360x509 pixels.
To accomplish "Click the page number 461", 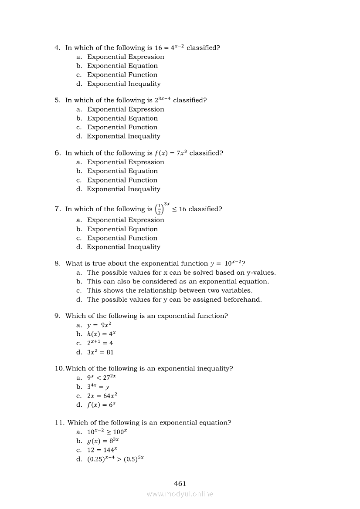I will click(180, 483).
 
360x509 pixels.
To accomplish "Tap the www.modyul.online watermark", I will click(180, 494).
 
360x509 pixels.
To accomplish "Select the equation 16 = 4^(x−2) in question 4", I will click(169, 47).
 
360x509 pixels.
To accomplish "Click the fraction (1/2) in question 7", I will click(160, 209).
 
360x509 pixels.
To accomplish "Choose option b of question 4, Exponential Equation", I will click(122, 66).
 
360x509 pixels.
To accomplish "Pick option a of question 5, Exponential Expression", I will click(126, 109).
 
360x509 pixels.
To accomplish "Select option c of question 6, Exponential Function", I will click(122, 180).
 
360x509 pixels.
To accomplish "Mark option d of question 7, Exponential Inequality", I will click(123, 247).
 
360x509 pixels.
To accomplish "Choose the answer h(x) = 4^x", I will click(101, 334).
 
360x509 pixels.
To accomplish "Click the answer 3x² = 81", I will click(100, 352).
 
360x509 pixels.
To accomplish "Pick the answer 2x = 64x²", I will click(102, 396).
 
